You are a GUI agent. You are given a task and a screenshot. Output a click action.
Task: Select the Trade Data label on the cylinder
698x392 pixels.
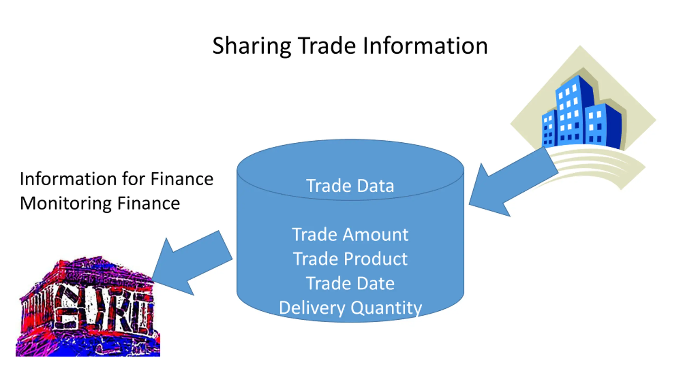point(350,186)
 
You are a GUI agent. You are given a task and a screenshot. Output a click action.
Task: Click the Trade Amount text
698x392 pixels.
point(350,234)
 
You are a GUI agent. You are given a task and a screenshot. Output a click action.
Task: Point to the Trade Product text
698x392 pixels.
point(350,259)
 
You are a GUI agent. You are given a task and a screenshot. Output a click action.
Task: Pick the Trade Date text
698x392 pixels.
point(350,283)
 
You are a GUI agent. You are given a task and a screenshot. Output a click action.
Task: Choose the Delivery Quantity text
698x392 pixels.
point(350,308)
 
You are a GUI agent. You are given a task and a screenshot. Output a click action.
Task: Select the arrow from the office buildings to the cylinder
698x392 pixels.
point(507,185)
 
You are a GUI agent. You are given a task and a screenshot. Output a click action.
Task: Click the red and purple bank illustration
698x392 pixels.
point(87,308)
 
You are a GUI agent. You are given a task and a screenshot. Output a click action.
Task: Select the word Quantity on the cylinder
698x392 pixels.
point(386,308)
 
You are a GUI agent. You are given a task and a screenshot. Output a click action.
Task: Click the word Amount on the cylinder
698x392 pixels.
point(375,234)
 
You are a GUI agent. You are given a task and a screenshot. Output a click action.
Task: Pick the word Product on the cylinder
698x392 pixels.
point(376,259)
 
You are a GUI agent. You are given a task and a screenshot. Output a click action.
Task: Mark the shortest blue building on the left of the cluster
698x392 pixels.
point(549,128)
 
